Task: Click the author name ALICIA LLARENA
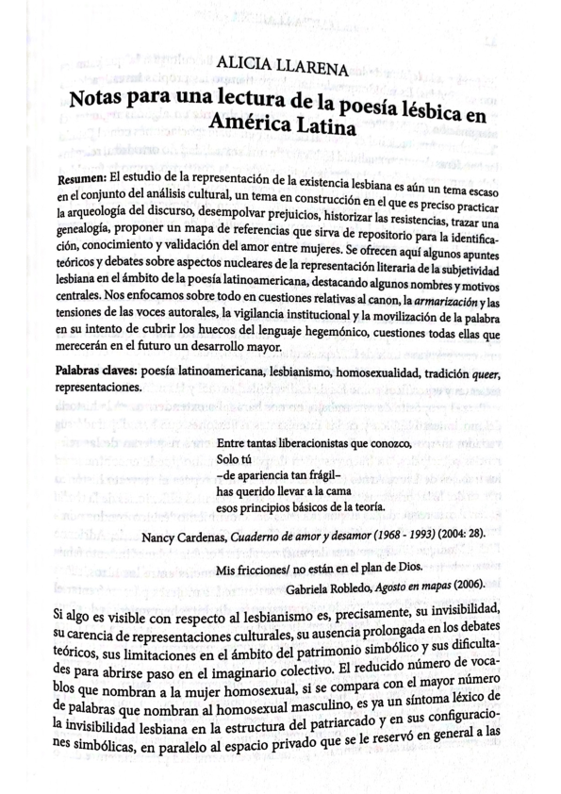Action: point(284,67)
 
